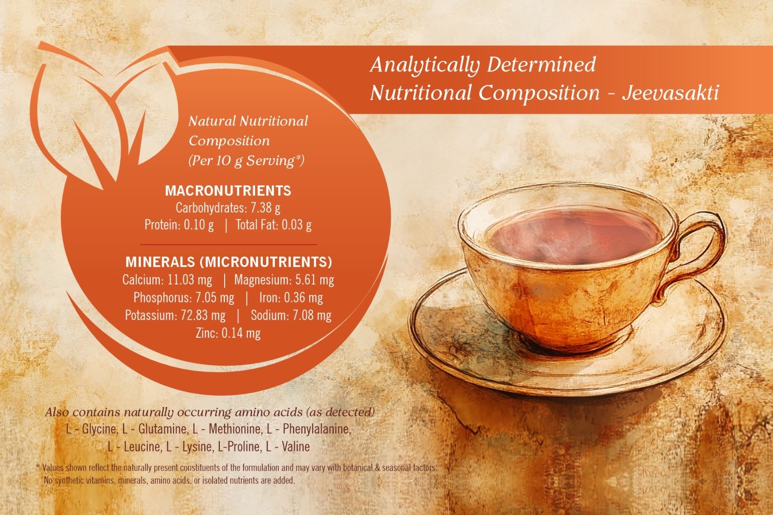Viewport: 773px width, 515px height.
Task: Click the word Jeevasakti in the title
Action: [x=671, y=93]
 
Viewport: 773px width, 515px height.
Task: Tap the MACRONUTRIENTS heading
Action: [x=228, y=191]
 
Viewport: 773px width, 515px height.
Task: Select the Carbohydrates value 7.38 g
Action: [x=265, y=208]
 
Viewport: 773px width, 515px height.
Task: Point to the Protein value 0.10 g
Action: [x=199, y=225]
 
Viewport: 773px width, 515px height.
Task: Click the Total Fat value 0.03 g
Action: [x=297, y=225]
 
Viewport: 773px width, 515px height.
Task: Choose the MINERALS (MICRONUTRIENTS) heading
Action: [x=229, y=262]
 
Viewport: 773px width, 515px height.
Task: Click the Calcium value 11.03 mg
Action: [x=190, y=280]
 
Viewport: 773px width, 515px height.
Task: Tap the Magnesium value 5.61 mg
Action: [x=315, y=280]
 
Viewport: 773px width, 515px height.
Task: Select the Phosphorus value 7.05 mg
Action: [x=215, y=298]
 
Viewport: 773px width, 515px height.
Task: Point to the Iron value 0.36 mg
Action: [x=303, y=298]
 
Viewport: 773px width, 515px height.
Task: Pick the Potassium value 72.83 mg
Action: [x=203, y=315]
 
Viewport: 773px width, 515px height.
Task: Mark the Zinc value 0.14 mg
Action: [x=241, y=333]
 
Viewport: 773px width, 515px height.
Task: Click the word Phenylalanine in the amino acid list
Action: [x=317, y=429]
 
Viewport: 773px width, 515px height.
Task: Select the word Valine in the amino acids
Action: [x=296, y=447]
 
